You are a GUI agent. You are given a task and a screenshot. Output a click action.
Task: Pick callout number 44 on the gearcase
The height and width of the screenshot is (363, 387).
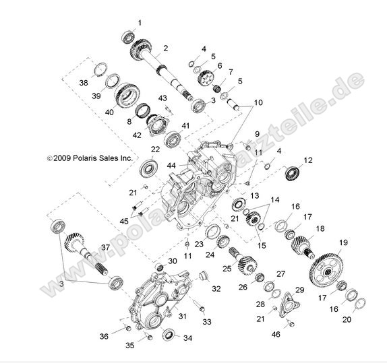[x=153, y=165]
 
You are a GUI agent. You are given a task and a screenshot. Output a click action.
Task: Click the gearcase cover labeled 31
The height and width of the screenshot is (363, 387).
[x=152, y=296]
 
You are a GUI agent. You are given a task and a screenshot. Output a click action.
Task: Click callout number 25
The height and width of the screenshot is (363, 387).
[x=227, y=269]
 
